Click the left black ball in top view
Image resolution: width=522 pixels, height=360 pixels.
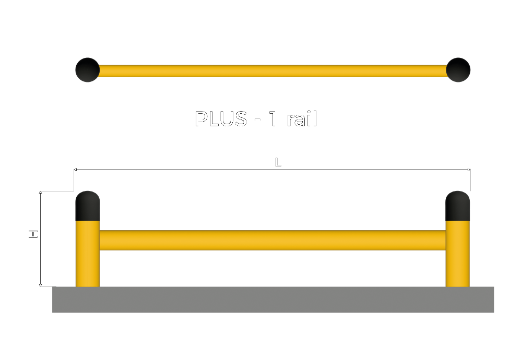click(87, 69)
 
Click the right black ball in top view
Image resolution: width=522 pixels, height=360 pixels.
click(458, 69)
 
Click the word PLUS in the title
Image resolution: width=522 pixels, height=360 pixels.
click(221, 119)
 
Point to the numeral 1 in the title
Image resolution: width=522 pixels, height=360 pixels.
click(273, 119)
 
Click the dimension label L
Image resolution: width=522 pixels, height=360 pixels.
click(278, 162)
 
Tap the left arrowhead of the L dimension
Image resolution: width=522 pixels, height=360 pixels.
click(76, 170)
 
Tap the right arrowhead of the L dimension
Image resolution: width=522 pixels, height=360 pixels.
click(469, 170)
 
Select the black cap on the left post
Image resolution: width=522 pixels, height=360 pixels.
click(88, 206)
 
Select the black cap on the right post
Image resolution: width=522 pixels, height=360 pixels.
click(457, 206)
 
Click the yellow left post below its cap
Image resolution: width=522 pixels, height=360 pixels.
click(88, 256)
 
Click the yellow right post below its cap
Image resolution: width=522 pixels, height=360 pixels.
click(457, 256)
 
